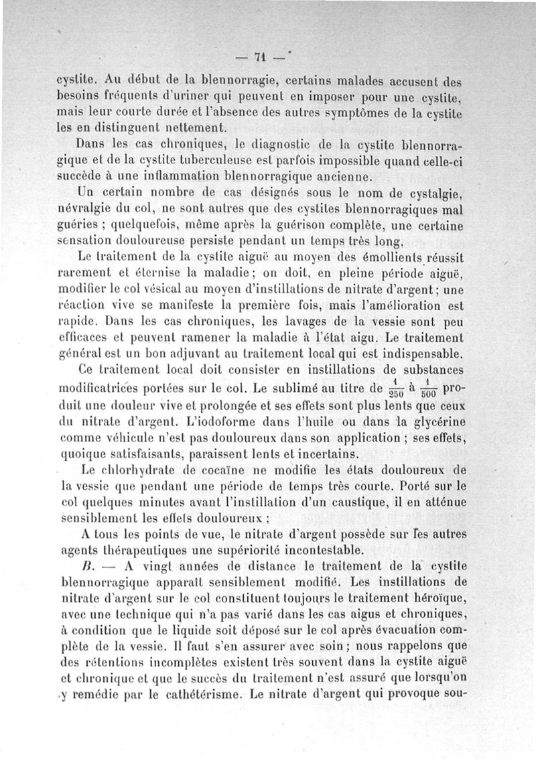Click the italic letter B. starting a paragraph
pos(85,566)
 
